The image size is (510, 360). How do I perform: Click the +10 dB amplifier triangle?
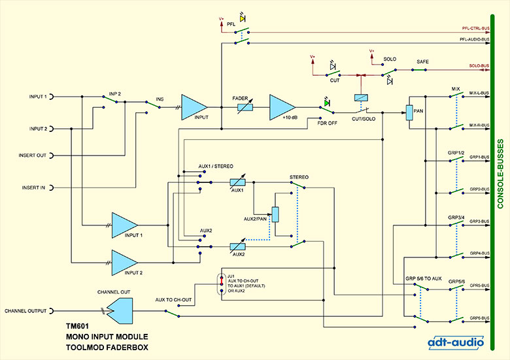click(x=280, y=107)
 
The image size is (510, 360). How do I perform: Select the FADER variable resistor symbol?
click(x=245, y=107)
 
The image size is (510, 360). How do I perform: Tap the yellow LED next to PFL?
click(x=243, y=18)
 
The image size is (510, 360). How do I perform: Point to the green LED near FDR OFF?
click(x=326, y=103)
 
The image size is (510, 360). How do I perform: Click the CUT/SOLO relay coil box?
click(x=361, y=97)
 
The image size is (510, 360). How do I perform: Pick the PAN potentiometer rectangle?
click(x=409, y=113)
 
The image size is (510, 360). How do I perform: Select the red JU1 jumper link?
click(x=222, y=280)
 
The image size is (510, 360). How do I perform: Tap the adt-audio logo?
click(x=456, y=342)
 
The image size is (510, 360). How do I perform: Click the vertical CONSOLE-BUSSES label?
click(x=500, y=174)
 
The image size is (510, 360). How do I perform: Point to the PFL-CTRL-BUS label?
click(x=476, y=29)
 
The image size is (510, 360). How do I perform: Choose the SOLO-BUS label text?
click(x=479, y=66)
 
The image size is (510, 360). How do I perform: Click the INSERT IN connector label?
click(x=33, y=188)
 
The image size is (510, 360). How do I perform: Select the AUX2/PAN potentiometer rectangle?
click(x=275, y=214)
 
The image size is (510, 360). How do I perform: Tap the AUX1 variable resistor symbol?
click(x=237, y=182)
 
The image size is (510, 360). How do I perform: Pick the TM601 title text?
click(x=77, y=326)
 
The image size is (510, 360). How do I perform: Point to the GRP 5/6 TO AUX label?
click(x=424, y=278)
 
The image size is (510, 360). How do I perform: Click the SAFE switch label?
click(x=422, y=61)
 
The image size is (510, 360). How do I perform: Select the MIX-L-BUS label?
click(x=479, y=93)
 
